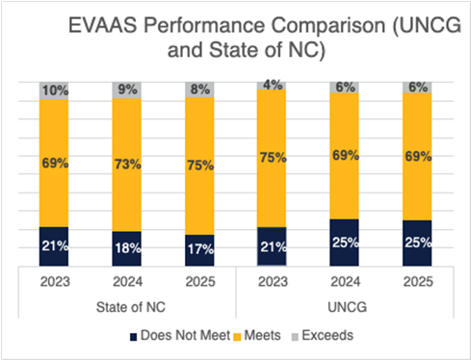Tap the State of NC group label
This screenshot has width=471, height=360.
pyautogui.click(x=129, y=307)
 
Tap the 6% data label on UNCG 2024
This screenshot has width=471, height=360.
pyautogui.click(x=343, y=87)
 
